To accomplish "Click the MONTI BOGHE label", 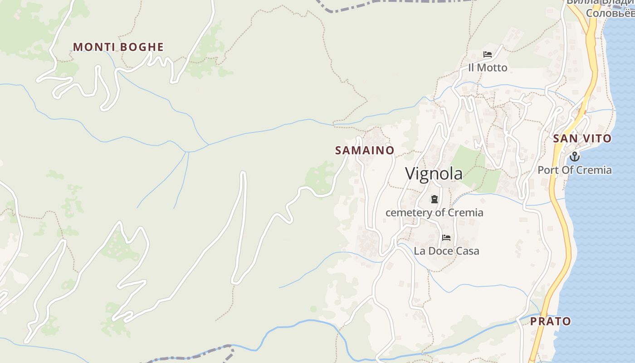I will [118, 47].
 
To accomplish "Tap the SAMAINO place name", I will [365, 150].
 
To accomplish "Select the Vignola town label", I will [434, 174].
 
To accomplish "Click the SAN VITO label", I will [582, 139].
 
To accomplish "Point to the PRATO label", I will [551, 321].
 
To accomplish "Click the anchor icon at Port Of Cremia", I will [575, 157].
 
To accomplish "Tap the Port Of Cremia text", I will [575, 170].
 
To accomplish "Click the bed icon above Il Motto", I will [488, 54].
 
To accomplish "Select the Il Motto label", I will [488, 68].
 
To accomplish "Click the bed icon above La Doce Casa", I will [446, 238].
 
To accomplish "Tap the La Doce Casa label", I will [446, 251].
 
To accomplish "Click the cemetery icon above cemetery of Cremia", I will [435, 199].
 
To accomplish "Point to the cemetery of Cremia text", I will [434, 212].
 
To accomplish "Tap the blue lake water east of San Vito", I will [621, 136].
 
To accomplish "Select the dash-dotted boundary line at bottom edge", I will [190, 356].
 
